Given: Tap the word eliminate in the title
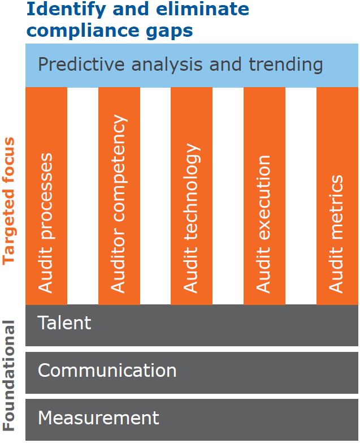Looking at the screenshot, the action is click(202, 8).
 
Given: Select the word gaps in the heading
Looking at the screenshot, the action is click(170, 32).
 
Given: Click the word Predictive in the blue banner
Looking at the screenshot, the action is click(81, 64).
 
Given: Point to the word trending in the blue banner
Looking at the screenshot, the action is click(286, 65).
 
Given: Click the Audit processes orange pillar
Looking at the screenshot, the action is click(46, 196).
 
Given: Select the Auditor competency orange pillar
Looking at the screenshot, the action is click(119, 196).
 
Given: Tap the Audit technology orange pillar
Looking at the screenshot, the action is click(192, 196).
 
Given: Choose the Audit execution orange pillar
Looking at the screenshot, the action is click(264, 196).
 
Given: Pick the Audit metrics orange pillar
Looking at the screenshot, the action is click(337, 196).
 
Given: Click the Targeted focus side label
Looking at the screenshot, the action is click(8, 201).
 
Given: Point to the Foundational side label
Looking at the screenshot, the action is click(8, 376).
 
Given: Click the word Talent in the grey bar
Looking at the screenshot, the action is click(64, 322).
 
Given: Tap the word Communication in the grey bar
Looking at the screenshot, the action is click(107, 370).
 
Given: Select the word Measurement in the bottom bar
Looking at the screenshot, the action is click(98, 418).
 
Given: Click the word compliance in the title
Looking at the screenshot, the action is click(83, 31).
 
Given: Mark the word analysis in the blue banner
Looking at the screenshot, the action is click(167, 65).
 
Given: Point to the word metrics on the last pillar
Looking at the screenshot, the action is click(336, 208).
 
